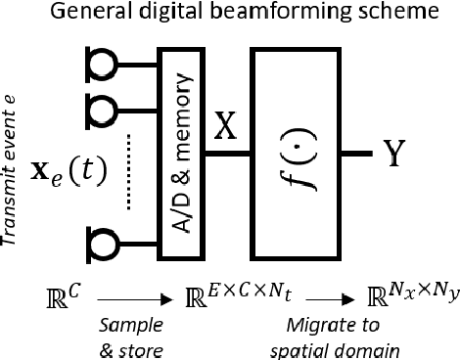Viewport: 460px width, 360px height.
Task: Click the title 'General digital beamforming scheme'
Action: pyautogui.click(x=229, y=15)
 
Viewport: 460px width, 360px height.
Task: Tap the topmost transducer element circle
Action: pyautogui.click(x=99, y=61)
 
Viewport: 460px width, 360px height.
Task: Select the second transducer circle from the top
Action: pyautogui.click(x=99, y=103)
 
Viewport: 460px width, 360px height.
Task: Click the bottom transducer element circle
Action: pyautogui.click(x=99, y=239)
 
